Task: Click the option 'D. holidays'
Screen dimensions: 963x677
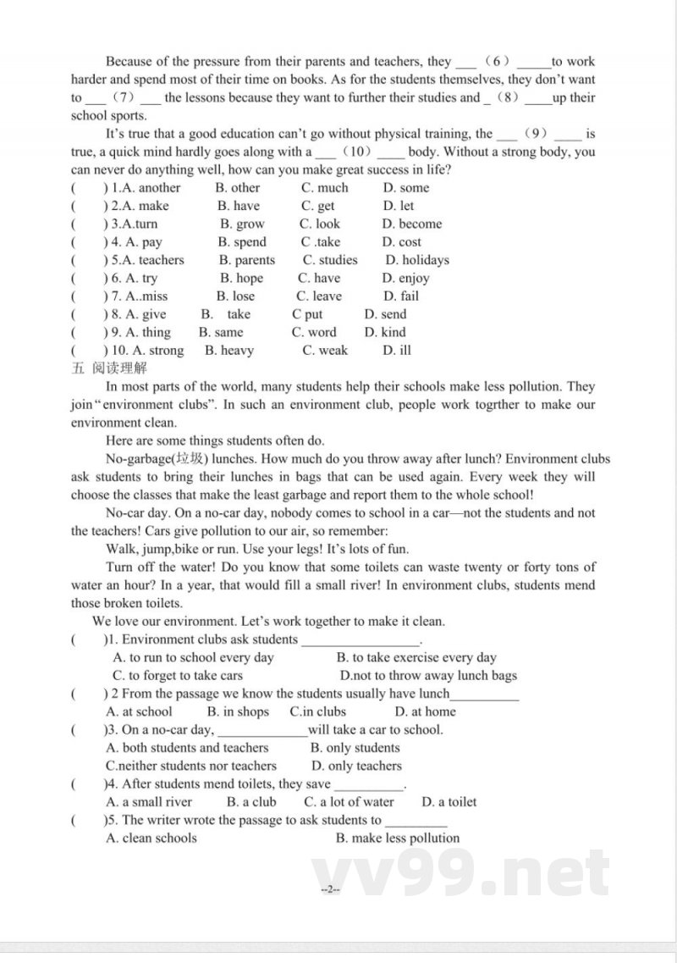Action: [x=417, y=260]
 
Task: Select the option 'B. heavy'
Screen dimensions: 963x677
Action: [x=229, y=350]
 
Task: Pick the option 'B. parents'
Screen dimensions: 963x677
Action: [x=246, y=260]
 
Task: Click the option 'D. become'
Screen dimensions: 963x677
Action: [x=411, y=224]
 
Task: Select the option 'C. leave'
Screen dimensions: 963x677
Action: [x=319, y=296]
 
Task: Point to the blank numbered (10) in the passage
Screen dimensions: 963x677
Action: [x=360, y=152]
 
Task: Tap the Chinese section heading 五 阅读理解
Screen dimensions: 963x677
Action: [x=105, y=368]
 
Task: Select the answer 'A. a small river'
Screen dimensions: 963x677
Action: [x=149, y=801]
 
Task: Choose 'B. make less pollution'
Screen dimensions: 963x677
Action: [x=398, y=838]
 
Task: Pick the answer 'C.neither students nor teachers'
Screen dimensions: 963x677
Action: [x=191, y=766]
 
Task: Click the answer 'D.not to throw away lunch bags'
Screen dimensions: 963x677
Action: [x=428, y=675]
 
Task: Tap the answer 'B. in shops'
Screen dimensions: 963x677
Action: [x=238, y=711]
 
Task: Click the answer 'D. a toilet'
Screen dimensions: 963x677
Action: [x=449, y=801]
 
